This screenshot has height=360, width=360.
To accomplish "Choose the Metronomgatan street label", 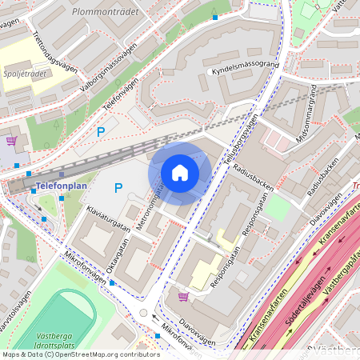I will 147,207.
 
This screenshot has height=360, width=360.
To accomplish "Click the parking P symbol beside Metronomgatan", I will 118,188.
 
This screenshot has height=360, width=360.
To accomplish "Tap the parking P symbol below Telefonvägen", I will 101,131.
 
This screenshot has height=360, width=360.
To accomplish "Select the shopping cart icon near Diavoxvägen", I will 183,297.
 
